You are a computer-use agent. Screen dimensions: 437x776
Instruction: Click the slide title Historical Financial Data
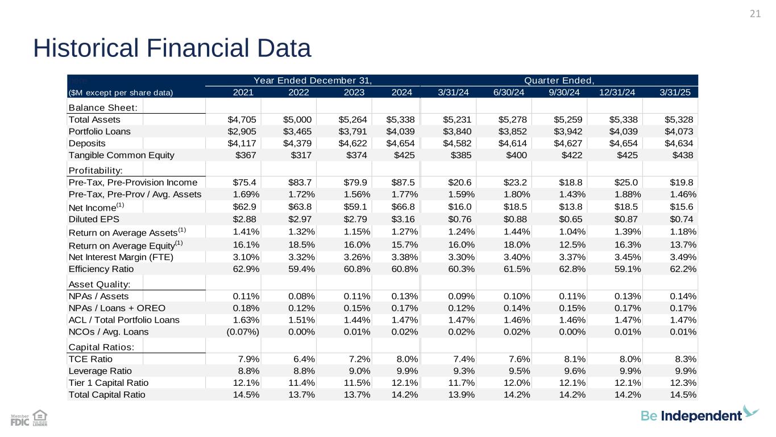coord(172,48)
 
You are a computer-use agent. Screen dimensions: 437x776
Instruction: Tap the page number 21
coord(755,14)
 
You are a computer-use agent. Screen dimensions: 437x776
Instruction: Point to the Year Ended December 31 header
coord(313,80)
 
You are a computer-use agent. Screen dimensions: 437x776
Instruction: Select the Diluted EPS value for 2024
coord(404,218)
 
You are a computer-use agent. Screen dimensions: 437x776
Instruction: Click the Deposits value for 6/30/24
coord(515,143)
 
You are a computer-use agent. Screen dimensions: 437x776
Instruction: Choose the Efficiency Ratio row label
coord(101,269)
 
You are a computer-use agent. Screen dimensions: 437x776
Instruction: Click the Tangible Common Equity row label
coord(122,155)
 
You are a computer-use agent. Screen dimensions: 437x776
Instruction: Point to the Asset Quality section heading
coord(99,284)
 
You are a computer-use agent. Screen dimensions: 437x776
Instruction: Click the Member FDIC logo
coord(20,420)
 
